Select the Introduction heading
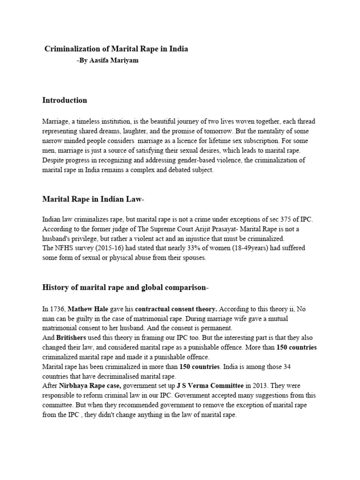pyautogui.click(x=64, y=100)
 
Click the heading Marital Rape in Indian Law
pyautogui.click(x=93, y=200)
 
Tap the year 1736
pyautogui.click(x=58, y=309)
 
